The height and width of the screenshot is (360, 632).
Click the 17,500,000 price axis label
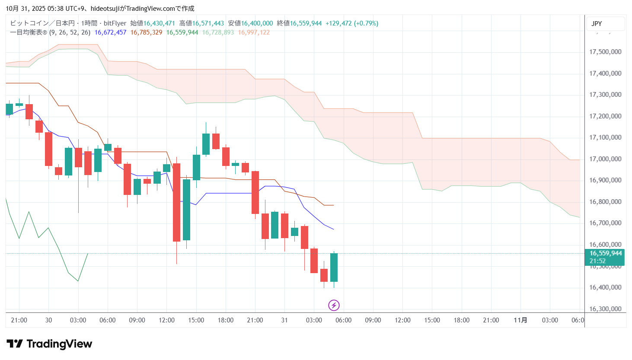coord(605,52)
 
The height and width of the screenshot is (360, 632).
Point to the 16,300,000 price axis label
coord(605,309)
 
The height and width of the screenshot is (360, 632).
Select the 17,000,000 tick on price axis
coord(605,159)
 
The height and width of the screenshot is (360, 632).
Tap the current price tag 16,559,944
coord(606,253)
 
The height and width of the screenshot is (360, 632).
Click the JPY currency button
coord(597,24)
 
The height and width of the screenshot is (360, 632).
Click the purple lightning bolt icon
coord(334,306)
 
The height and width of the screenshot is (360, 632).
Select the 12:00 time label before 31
coord(166,320)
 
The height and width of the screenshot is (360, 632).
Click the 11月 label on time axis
coord(520,320)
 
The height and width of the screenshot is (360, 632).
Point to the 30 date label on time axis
coord(48,320)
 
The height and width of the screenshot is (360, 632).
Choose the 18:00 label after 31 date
coord(461,320)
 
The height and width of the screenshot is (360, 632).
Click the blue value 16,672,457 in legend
coord(110,32)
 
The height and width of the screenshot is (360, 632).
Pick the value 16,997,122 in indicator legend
coord(254,32)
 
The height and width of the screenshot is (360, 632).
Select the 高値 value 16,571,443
coord(208,23)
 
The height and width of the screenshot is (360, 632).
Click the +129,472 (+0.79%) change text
coord(351,23)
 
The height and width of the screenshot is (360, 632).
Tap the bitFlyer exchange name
coord(115,23)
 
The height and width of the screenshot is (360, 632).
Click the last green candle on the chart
coord(334,268)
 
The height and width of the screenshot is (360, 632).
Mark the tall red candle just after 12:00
coord(176,202)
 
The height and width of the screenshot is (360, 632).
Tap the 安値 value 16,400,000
coord(257,23)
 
